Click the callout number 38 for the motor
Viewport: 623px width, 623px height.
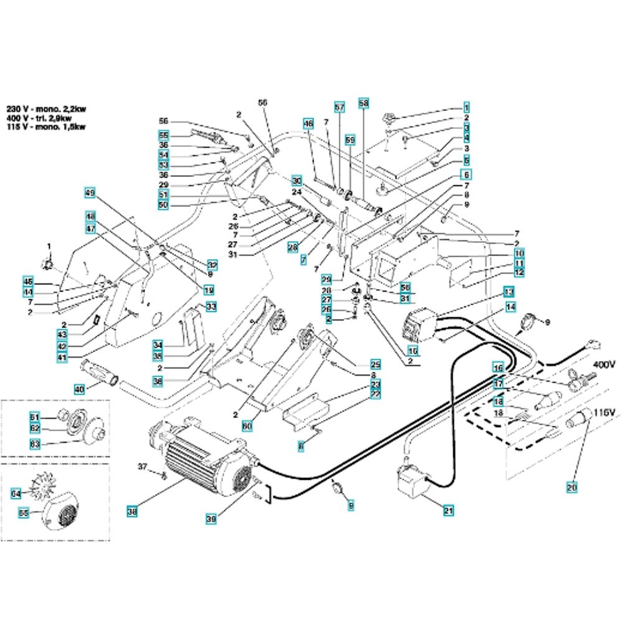tap(131, 512)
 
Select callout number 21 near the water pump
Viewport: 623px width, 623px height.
tap(448, 511)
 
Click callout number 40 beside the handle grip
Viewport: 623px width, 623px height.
tap(79, 389)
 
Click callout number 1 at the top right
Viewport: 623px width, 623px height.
tap(465, 107)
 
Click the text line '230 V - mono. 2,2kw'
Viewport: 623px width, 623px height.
tap(46, 108)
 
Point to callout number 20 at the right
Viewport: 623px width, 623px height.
tap(572, 488)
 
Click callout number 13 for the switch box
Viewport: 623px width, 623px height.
tap(509, 292)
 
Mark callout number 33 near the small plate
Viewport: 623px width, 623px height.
tap(211, 307)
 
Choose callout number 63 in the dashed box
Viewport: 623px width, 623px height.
tap(35, 444)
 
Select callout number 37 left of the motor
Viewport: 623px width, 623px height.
tap(143, 467)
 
